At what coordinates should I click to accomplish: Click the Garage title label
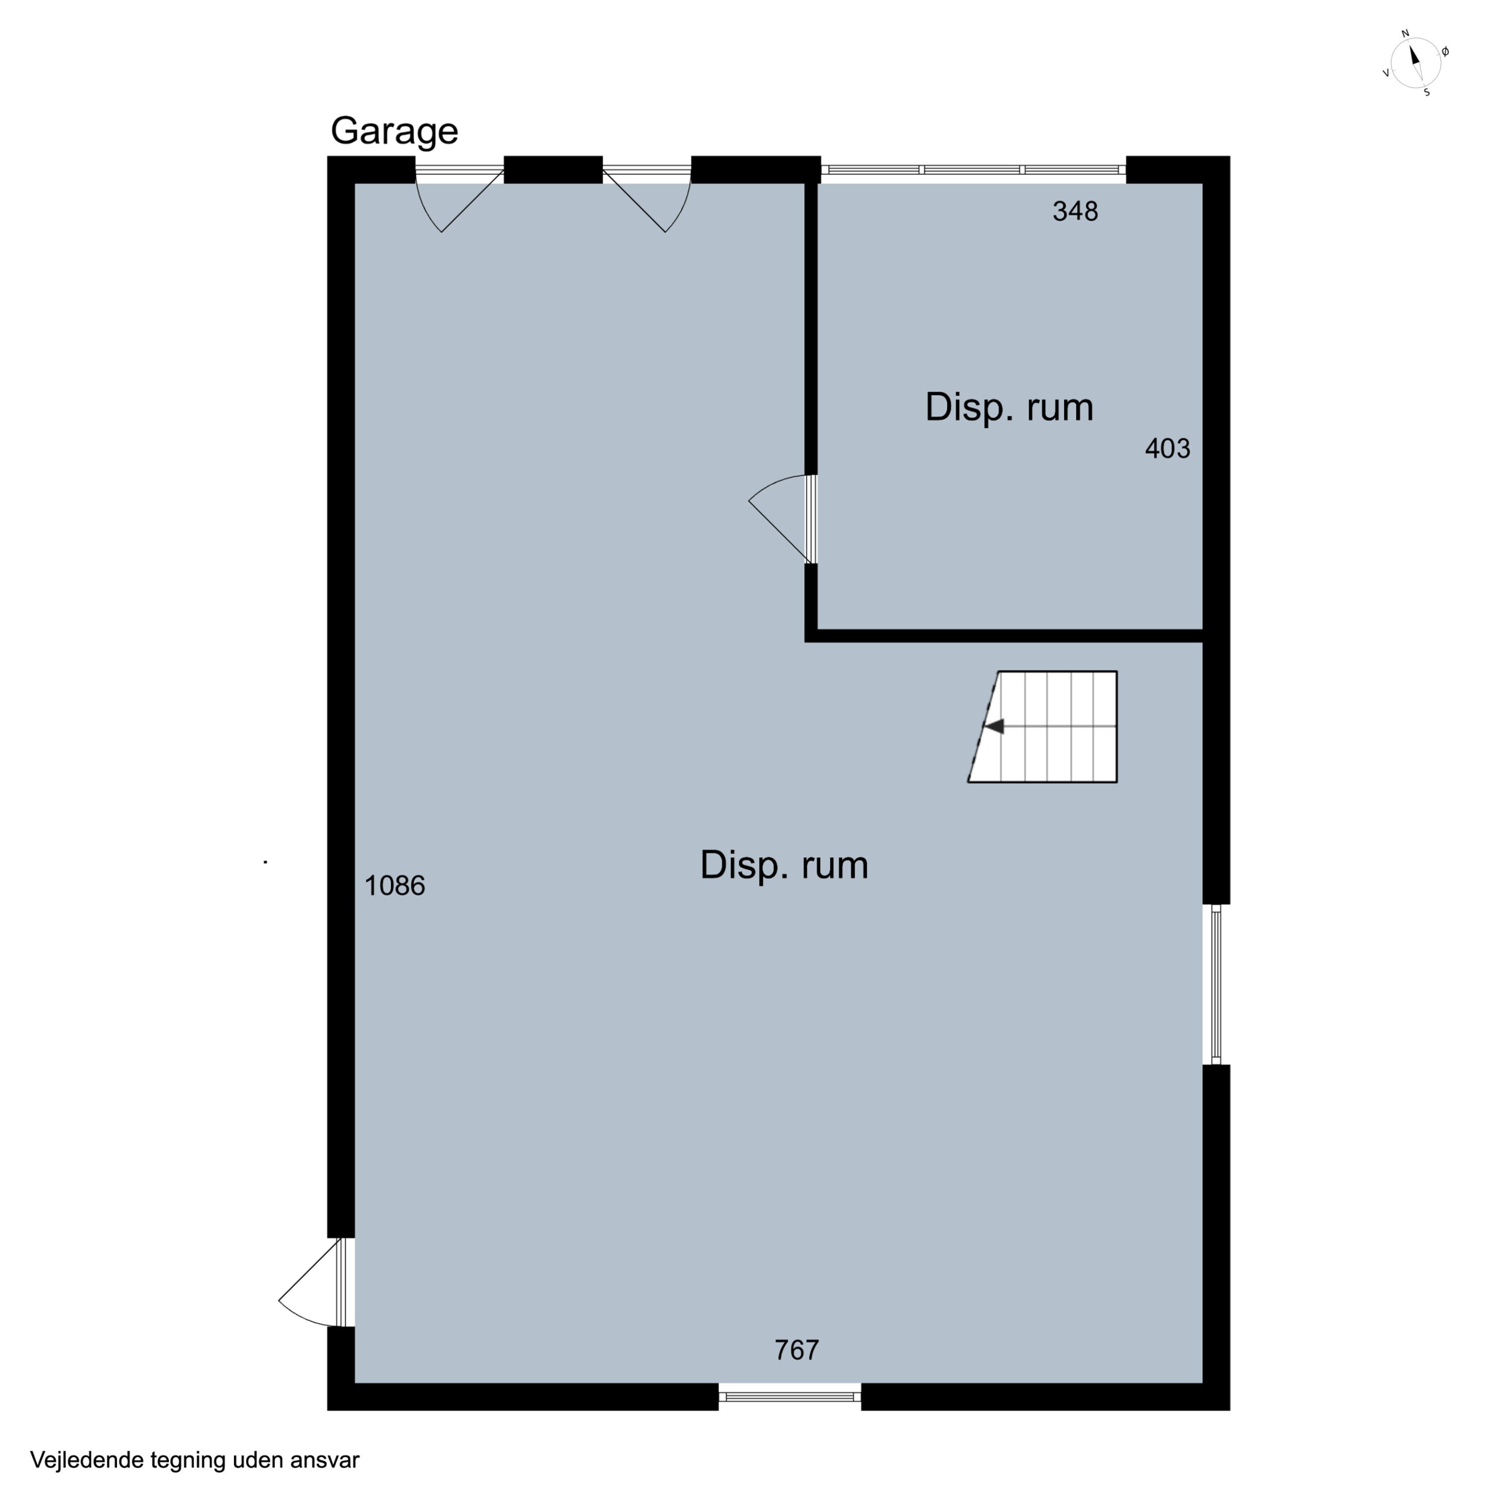coord(394,131)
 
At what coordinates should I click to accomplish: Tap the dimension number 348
coord(1075,211)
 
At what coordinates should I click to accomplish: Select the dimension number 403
coord(1168,449)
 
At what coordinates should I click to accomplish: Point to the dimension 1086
coord(394,885)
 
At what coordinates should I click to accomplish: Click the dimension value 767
coord(796,1350)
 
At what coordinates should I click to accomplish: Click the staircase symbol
coord(1042,727)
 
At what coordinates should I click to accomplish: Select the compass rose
coord(1415,63)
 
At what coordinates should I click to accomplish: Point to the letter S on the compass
coord(1427,93)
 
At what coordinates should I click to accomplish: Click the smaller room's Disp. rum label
coord(1009,407)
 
